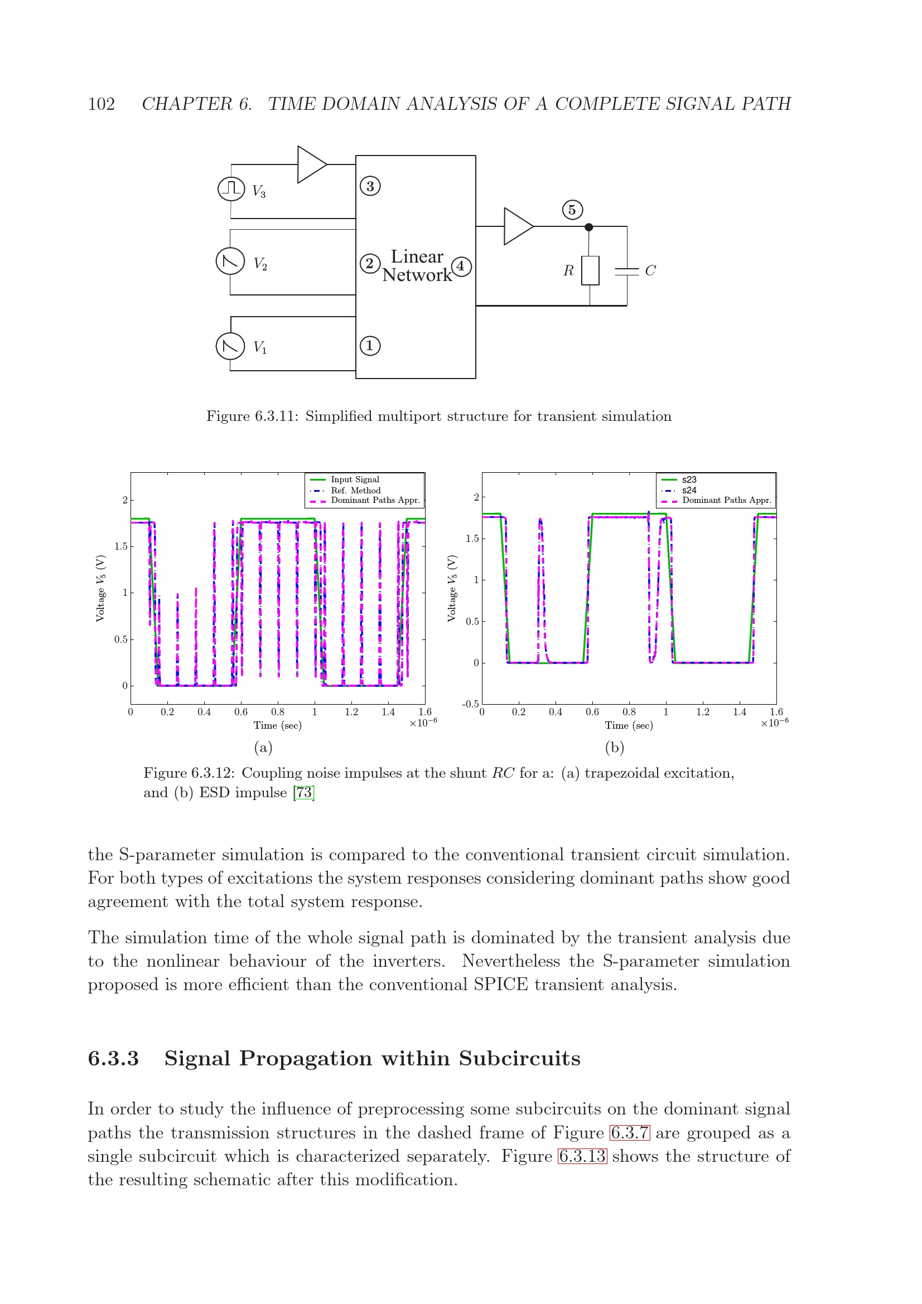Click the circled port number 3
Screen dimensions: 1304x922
pos(370,186)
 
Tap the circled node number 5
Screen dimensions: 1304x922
pos(572,210)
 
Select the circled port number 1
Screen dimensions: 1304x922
pos(370,345)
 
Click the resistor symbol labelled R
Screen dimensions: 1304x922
pos(590,270)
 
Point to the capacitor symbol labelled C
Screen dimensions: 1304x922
pos(626,271)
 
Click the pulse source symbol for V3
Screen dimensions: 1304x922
pos(231,188)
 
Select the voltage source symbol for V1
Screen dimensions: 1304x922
pos(230,346)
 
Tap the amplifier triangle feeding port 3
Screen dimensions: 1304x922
pos(311,164)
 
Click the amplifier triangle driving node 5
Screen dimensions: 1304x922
pos(517,226)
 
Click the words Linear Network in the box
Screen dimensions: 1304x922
pos(417,266)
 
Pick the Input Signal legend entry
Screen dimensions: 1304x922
pos(355,480)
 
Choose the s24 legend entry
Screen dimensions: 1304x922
pos(688,490)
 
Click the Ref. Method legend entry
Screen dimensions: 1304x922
pos(356,490)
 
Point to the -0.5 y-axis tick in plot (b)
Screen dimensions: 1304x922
pos(470,704)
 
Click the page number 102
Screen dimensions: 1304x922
pos(101,104)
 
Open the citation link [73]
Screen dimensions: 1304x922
pos(304,792)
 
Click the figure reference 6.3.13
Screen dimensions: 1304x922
pos(582,1156)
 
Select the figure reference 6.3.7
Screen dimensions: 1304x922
pos(629,1133)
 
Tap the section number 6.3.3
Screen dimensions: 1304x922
pos(114,1059)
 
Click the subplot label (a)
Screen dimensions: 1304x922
pos(263,748)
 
